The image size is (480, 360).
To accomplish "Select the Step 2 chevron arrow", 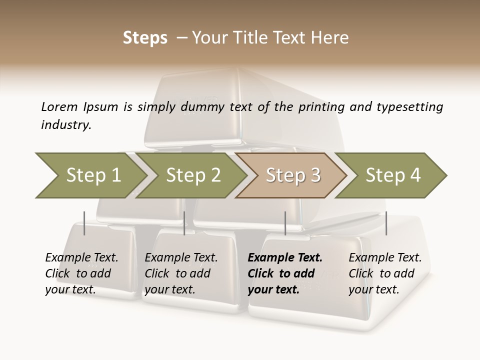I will (x=193, y=175).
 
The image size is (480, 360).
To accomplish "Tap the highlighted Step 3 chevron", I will (x=293, y=175).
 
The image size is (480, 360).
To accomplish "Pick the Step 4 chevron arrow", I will (x=393, y=175).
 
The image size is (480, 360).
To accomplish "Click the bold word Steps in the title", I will (x=145, y=38).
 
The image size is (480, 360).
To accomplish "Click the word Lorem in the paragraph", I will (x=59, y=107).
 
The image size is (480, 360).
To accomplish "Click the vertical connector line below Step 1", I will (x=84, y=223).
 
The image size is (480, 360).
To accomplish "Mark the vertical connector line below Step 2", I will (x=184, y=223).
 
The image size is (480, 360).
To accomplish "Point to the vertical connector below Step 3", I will (x=285, y=223).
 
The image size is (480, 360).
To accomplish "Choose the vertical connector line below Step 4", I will (x=386, y=223).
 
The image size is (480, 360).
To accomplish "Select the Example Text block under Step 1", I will (x=81, y=273).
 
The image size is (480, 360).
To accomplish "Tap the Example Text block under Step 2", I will (x=181, y=273).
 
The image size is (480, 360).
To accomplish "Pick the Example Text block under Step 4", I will (x=385, y=273).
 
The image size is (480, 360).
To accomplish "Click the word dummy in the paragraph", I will (x=204, y=107).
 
